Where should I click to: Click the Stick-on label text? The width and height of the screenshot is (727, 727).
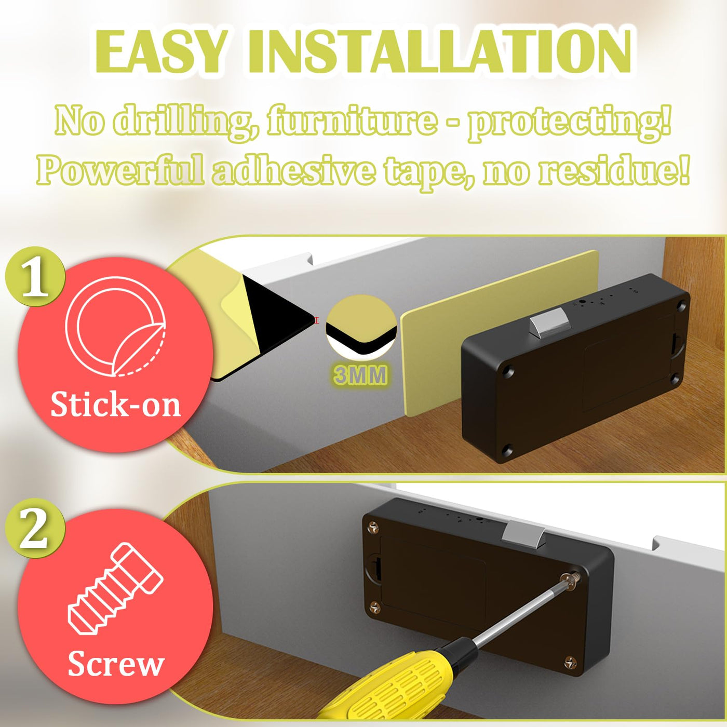115,405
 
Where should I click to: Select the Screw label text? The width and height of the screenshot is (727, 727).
116,664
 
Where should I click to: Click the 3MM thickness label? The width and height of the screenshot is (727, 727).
361,375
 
